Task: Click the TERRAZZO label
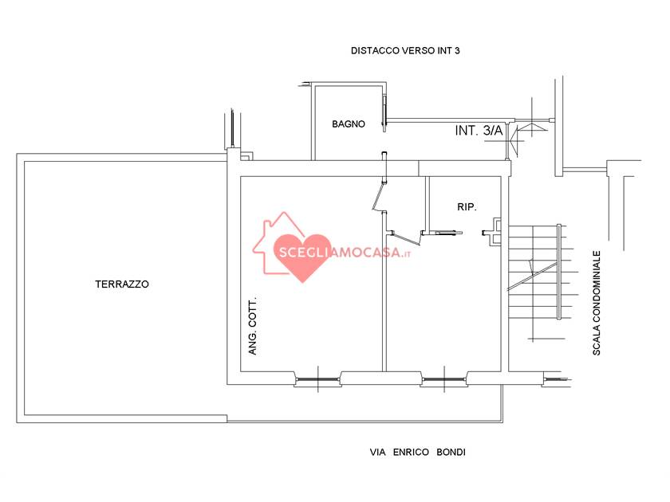click(122, 284)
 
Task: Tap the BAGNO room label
click(349, 124)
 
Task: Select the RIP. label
click(467, 207)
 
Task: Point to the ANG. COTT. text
click(253, 326)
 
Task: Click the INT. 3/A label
click(479, 130)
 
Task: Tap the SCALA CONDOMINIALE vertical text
click(597, 303)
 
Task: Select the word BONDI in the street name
click(451, 452)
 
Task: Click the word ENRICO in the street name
click(411, 452)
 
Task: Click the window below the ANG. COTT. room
click(317, 379)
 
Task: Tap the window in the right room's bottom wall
click(444, 379)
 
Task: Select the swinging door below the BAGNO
click(379, 196)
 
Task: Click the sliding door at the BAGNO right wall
click(384, 113)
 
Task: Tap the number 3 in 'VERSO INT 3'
click(457, 51)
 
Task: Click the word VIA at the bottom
click(378, 452)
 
